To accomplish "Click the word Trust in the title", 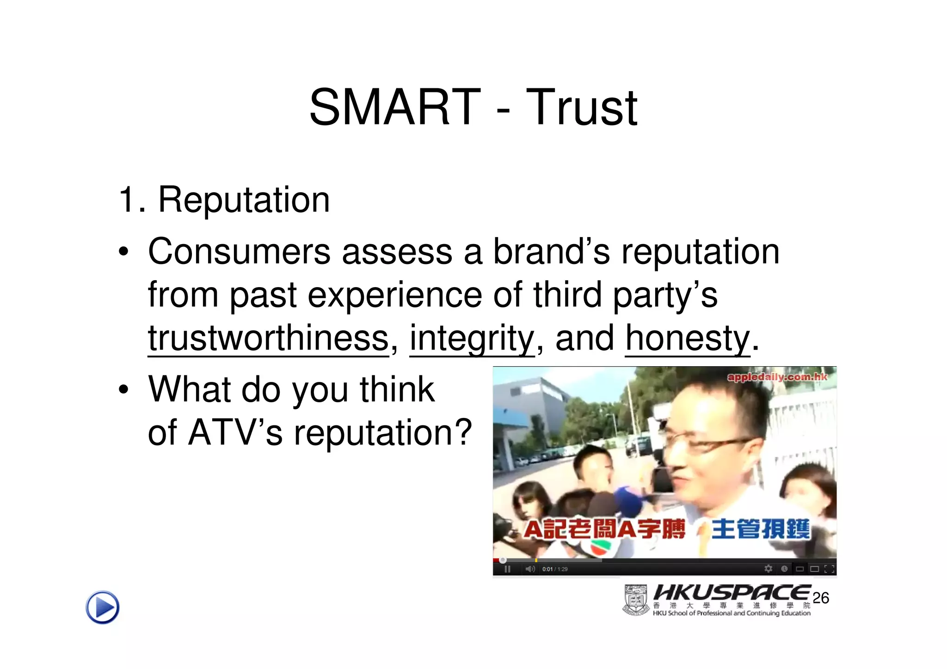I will [x=581, y=108].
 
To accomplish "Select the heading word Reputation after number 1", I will [x=244, y=200].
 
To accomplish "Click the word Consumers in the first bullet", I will [x=239, y=252].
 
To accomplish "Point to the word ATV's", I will [x=235, y=432].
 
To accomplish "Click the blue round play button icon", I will [x=103, y=607].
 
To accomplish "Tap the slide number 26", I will [x=821, y=598].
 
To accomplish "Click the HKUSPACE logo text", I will [x=732, y=593].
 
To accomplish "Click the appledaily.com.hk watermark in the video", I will [x=777, y=377].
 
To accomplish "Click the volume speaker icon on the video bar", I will [x=530, y=569].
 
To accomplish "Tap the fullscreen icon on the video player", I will [x=829, y=569].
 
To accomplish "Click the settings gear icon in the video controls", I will [x=769, y=569].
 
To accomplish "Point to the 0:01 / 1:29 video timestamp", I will [x=555, y=569].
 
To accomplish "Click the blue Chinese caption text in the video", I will [x=761, y=529].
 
